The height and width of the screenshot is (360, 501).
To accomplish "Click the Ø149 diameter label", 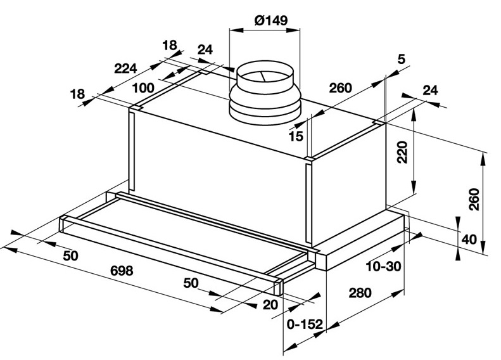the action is coord(271,20).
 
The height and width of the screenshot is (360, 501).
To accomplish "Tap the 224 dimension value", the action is coord(125,68).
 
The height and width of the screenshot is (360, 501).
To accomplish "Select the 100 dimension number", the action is coord(143,87).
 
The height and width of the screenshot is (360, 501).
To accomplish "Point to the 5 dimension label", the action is coord(402,59).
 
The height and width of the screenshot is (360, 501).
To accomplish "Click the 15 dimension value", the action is coord(296,136).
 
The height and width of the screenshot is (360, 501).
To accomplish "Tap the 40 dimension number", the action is coord(469,239).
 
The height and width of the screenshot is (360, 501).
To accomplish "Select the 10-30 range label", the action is coord(383,266).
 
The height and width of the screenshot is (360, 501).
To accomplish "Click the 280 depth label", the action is coord(360,293).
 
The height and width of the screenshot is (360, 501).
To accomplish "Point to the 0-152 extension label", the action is coord(305,325).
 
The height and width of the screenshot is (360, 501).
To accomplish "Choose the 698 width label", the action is coord(122,271).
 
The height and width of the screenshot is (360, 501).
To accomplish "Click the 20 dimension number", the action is coord(270,305).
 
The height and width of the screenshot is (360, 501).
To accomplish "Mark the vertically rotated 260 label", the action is coord(474,200).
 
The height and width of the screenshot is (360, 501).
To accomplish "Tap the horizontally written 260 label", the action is coord(340,87).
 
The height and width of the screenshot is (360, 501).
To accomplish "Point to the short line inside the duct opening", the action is coord(263,76).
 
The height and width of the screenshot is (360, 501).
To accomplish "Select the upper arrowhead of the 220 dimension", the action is coord(414,115).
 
